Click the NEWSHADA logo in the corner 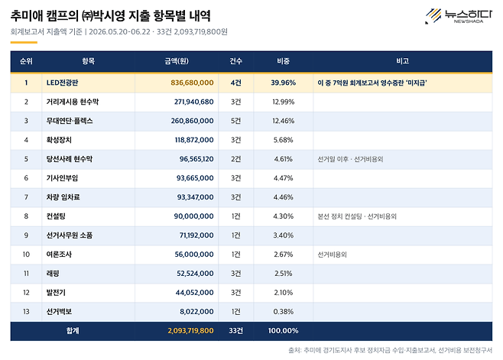(x=459, y=16)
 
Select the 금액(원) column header (x=177, y=61)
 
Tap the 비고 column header (x=402, y=61)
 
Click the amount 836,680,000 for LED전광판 (x=192, y=83)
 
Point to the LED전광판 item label (x=62, y=83)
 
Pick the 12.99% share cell (x=284, y=102)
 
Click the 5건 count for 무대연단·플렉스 (x=235, y=121)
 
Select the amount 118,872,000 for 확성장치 (x=194, y=140)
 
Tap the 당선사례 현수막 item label (x=70, y=159)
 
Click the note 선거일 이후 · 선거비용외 (x=350, y=159)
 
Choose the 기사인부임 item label (x=62, y=178)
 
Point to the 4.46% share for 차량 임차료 (x=284, y=197)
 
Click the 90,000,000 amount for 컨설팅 (x=193, y=216)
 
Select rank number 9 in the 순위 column (x=26, y=235)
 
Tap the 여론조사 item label (x=59, y=255)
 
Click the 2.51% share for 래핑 (x=284, y=274)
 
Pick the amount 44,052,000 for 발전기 (x=194, y=293)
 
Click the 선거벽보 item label (x=59, y=312)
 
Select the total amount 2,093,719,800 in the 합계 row (x=190, y=331)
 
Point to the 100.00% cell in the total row (x=284, y=331)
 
